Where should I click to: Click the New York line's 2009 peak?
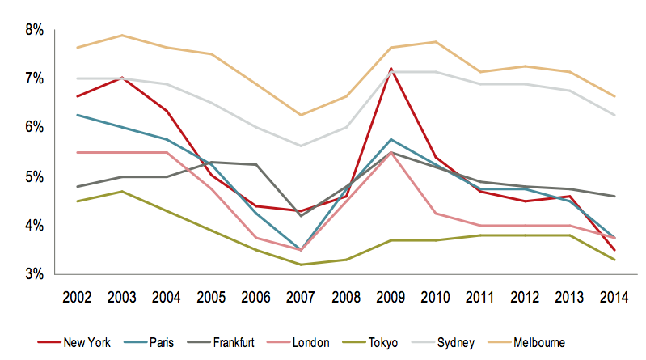tap(391, 69)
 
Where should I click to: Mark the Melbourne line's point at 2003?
tap(121, 35)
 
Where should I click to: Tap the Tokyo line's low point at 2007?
tap(301, 265)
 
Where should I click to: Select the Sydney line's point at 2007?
tap(301, 146)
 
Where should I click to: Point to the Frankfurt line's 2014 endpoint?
tap(614, 196)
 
